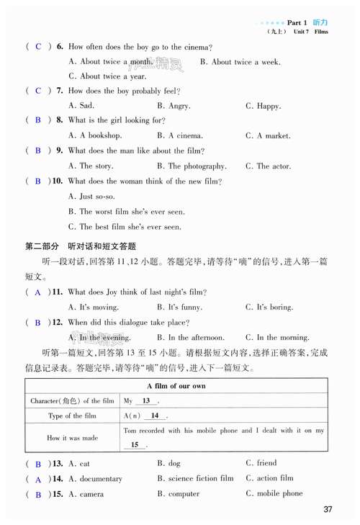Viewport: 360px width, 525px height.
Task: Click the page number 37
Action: pyautogui.click(x=328, y=510)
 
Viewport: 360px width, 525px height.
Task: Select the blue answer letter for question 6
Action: pyautogui.click(x=38, y=47)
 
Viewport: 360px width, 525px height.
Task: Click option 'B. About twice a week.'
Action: pyautogui.click(x=240, y=62)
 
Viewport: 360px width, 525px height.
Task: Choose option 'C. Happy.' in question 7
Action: pyautogui.click(x=263, y=106)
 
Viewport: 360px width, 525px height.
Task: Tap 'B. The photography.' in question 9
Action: pyautogui.click(x=197, y=166)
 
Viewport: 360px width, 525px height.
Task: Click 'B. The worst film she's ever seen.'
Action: pyautogui.click(x=126, y=212)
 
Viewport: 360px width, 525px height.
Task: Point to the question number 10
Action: pyautogui.click(x=57, y=181)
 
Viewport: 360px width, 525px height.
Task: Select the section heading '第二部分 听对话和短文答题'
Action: pyautogui.click(x=80, y=246)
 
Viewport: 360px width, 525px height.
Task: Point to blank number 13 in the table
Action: pyautogui.click(x=146, y=400)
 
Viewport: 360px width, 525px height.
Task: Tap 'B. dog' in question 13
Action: pyautogui.click(x=168, y=463)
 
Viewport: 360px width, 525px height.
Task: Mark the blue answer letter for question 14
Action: pyautogui.click(x=38, y=479)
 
